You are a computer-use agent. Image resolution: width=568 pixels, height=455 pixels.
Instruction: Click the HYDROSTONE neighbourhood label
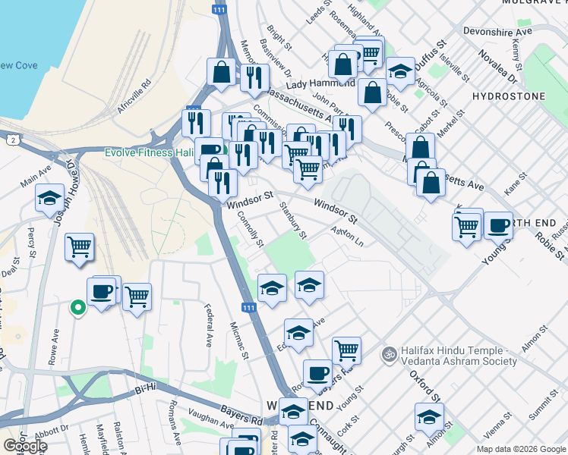[x=508, y=96]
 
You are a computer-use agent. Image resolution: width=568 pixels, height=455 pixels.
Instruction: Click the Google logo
[x=25, y=446]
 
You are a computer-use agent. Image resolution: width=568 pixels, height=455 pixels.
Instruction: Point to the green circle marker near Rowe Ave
[x=77, y=307]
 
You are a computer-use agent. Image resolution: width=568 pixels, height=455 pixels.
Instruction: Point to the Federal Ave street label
[x=207, y=325]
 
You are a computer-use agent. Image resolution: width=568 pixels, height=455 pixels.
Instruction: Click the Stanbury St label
[x=292, y=219]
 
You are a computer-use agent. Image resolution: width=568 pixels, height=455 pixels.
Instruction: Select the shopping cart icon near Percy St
[x=79, y=246]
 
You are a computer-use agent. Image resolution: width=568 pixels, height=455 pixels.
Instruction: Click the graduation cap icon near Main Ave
[x=49, y=198]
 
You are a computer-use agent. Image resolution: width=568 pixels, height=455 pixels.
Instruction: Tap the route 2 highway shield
[x=14, y=140]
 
